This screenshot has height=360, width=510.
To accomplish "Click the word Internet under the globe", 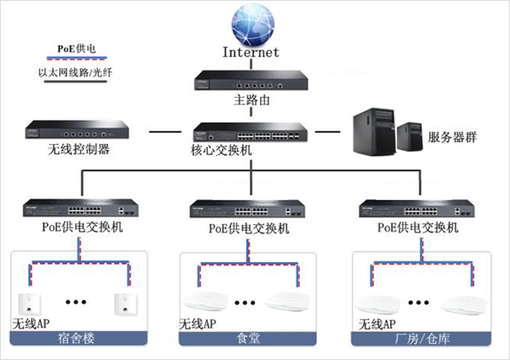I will [x=251, y=54].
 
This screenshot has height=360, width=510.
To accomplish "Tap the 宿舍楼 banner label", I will [x=78, y=339].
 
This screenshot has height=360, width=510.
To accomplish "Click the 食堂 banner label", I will [x=248, y=339].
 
